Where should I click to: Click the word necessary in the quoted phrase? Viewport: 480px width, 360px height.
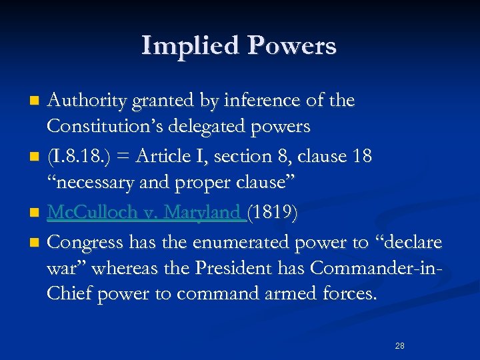click(x=88, y=180)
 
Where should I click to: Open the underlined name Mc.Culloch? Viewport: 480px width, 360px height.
click(x=85, y=213)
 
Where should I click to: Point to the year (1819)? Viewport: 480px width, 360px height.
click(x=273, y=213)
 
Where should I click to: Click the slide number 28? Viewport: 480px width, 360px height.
click(x=400, y=345)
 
